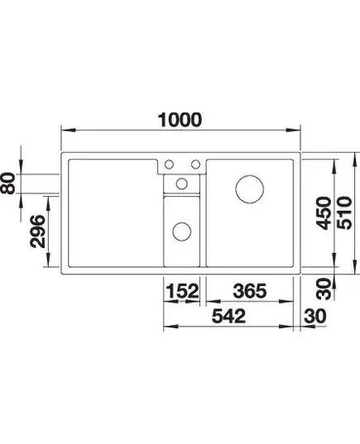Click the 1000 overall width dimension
pos(180,120)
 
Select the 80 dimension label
pos(7,184)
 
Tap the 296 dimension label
pos(37,232)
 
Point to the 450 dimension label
pos(324,212)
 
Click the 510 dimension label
pos(344,212)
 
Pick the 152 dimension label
pos(182,291)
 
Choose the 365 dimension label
pos(250,291)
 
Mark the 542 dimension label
pos(228,316)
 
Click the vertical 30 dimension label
pos(324,289)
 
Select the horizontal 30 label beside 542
pos(314,316)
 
